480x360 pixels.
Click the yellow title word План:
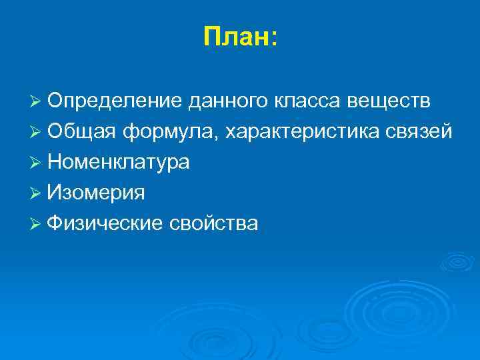(239, 38)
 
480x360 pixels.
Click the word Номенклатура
(119, 163)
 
